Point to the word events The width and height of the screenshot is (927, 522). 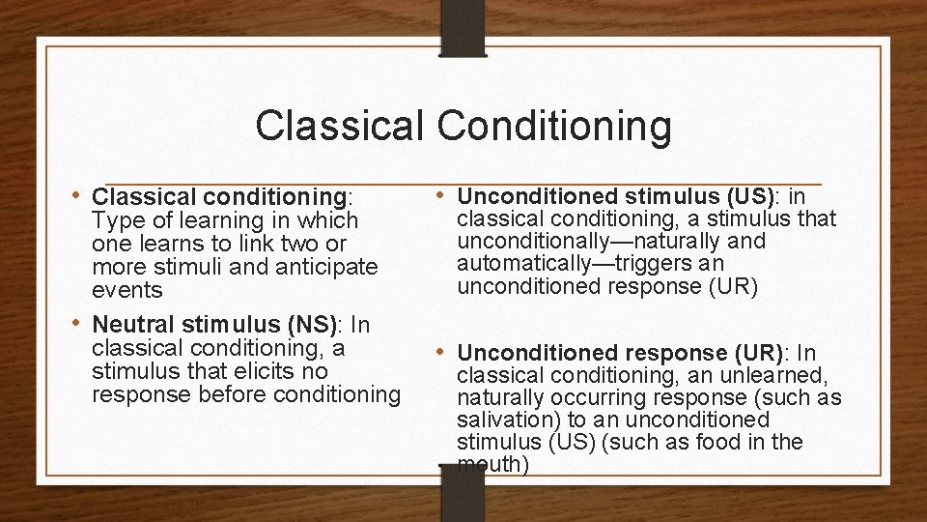click(x=127, y=290)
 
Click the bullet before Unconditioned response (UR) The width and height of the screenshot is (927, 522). click(x=441, y=352)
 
